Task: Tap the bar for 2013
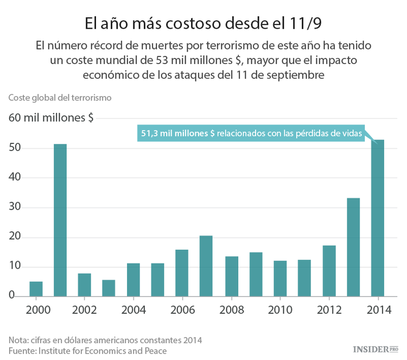tap(353, 247)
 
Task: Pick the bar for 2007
tap(206, 266)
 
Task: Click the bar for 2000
tap(36, 289)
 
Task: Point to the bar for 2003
tap(109, 288)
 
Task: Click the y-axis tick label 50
tap(15, 148)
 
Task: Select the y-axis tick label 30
tap(15, 207)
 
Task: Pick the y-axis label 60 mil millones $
tap(50, 118)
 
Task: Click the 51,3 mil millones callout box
tap(251, 133)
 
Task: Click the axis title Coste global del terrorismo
tap(60, 98)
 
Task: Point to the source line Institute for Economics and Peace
tap(87, 351)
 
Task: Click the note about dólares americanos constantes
tap(105, 340)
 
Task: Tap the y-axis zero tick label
tap(11, 295)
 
